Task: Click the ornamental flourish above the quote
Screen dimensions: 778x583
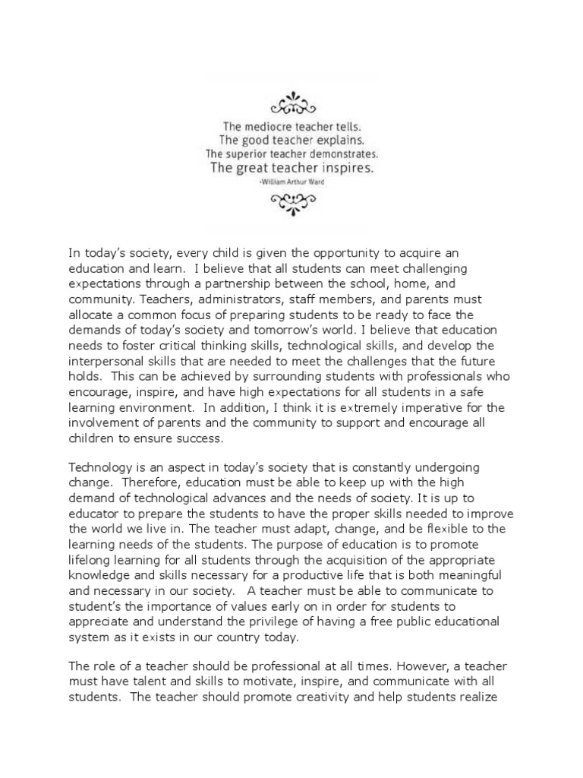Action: pyautogui.click(x=291, y=102)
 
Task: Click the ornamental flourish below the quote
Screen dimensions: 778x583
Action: pyautogui.click(x=291, y=201)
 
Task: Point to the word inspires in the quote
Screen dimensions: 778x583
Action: pyautogui.click(x=346, y=168)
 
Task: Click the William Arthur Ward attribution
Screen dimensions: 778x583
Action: pyautogui.click(x=291, y=182)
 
